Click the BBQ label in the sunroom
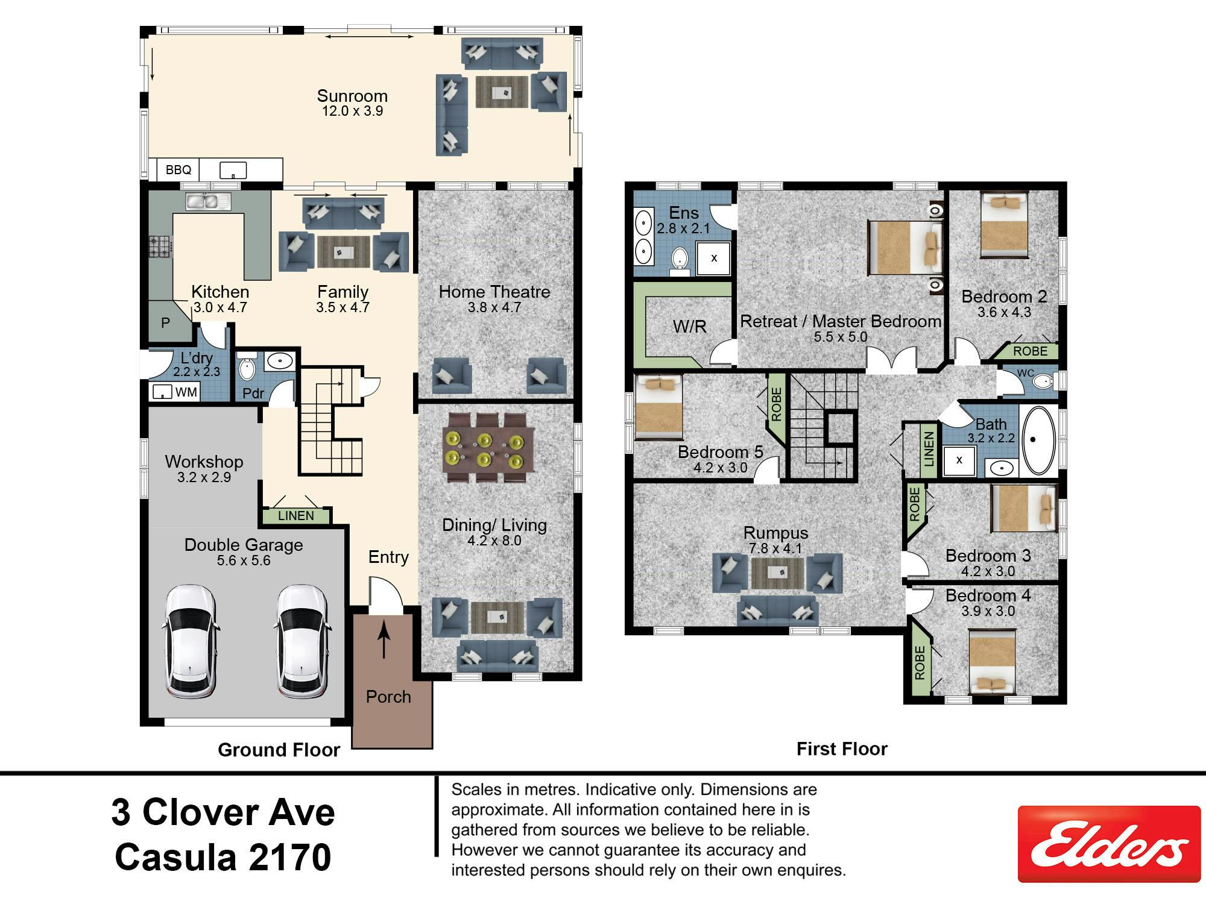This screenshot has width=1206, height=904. pos(178,170)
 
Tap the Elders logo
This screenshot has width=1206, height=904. pos(1109,844)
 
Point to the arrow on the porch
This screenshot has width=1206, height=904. pos(384,641)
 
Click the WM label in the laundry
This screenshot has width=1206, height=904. pos(186,392)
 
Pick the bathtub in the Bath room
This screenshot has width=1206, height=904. pos(1038,441)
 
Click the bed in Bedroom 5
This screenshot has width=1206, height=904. pos(658,407)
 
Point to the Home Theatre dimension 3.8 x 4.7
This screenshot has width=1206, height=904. pos(494,307)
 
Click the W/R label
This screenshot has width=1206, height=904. pos(690,327)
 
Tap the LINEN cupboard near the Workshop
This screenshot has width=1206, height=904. pos(296,516)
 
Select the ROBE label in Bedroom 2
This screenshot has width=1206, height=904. pos(1030,351)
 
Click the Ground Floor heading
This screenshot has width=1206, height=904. pos(279,750)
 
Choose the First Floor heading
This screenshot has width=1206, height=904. pos(842,749)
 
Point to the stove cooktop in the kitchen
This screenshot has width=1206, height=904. pos(161,246)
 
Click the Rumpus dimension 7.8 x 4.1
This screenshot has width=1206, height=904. pos(775,548)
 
